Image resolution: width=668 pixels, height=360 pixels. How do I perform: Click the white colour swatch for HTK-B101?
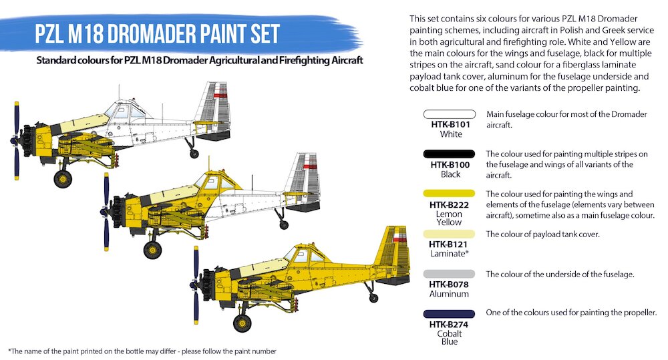pyautogui.click(x=449, y=114)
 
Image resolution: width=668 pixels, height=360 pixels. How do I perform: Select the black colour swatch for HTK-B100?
pyautogui.click(x=449, y=154)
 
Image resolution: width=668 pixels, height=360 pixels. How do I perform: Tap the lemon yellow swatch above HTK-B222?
pyautogui.click(x=449, y=194)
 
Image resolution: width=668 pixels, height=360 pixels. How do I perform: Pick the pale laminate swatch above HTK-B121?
pyautogui.click(x=449, y=234)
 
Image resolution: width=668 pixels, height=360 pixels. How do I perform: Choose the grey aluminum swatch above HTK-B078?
pyautogui.click(x=449, y=274)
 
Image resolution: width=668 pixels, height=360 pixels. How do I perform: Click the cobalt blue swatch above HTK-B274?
pyautogui.click(x=449, y=314)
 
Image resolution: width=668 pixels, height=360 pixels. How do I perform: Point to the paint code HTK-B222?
pyautogui.click(x=449, y=205)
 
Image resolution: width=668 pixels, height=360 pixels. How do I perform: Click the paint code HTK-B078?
pyautogui.click(x=449, y=285)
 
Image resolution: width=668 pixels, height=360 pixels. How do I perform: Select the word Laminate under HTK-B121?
pyautogui.click(x=448, y=254)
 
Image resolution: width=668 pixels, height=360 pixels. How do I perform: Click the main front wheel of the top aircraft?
pyautogui.click(x=63, y=179)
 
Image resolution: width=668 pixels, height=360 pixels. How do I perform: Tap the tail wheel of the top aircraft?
pyautogui.click(x=194, y=154)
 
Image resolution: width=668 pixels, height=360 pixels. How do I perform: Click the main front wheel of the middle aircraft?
pyautogui.click(x=152, y=250)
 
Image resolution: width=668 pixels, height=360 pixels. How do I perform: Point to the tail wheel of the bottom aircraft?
pyautogui.click(x=373, y=298)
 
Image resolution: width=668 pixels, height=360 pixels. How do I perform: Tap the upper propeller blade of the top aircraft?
pyautogui.click(x=17, y=120)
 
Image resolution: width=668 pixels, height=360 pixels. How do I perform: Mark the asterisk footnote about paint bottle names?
pyautogui.click(x=142, y=351)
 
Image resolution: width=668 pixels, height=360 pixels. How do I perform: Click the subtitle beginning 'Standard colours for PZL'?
pyautogui.click(x=199, y=61)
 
